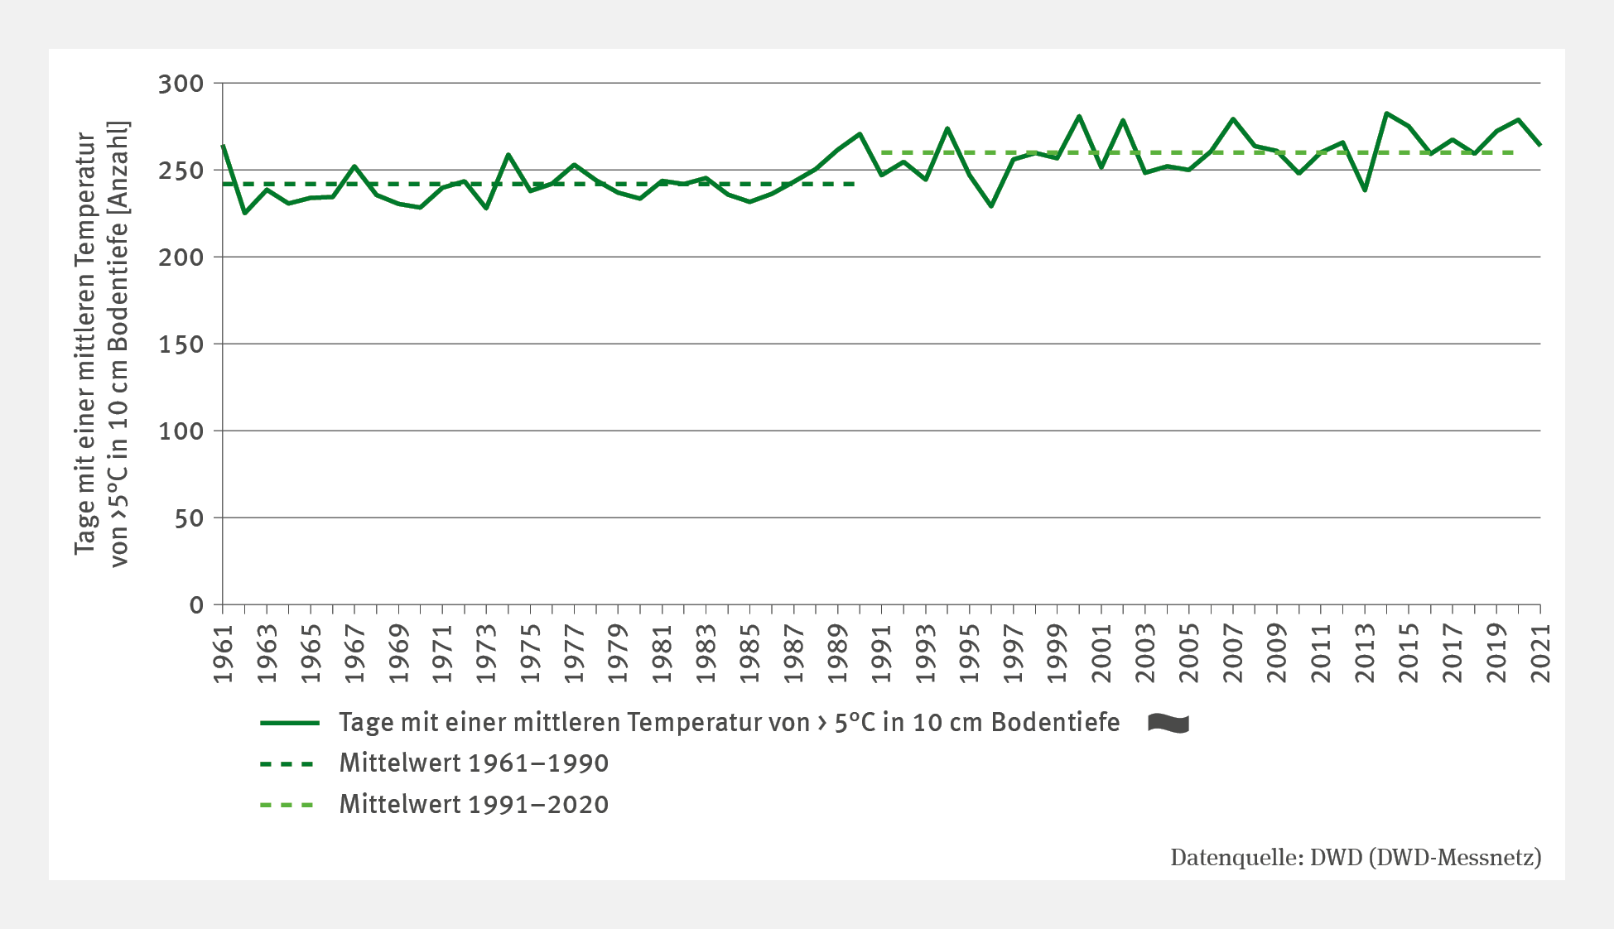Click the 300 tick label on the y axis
coord(181,84)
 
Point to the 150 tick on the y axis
coord(181,344)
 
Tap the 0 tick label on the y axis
coord(196,605)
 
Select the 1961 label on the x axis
coord(224,654)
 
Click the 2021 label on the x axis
coord(1540,654)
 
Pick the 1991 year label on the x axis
coord(882,654)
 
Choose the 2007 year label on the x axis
coord(1233,654)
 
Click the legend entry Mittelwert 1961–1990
coord(473,763)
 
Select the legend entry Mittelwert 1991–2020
coord(473,805)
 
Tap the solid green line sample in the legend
coord(289,723)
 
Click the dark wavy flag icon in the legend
coord(1168,723)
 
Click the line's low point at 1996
coord(991,206)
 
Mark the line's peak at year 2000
coord(1079,116)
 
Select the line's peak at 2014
coord(1386,113)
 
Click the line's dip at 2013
coord(1365,190)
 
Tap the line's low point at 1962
coord(245,214)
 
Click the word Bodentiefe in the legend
coord(1055,723)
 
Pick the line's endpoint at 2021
coord(1540,146)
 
